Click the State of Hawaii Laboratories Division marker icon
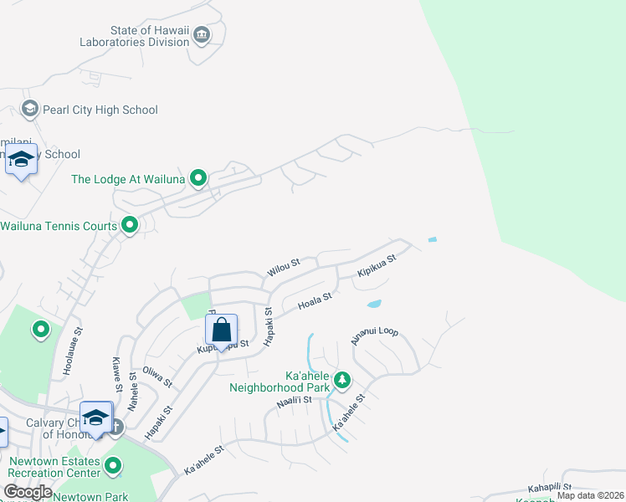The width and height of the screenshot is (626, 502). [202, 35]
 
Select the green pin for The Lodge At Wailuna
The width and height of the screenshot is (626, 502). [198, 177]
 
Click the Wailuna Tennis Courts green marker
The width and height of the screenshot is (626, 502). [130, 225]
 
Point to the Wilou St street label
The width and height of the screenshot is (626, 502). [283, 268]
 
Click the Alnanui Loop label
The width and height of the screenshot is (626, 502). [374, 336]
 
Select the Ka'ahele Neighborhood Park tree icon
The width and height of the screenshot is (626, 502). [341, 381]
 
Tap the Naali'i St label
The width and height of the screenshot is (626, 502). [294, 402]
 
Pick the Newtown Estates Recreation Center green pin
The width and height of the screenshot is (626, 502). [114, 465]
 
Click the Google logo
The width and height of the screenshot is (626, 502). [28, 492]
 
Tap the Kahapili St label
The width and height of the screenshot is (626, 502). [549, 487]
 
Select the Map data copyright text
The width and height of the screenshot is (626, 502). [590, 495]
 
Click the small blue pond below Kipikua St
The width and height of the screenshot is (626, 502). [374, 304]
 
